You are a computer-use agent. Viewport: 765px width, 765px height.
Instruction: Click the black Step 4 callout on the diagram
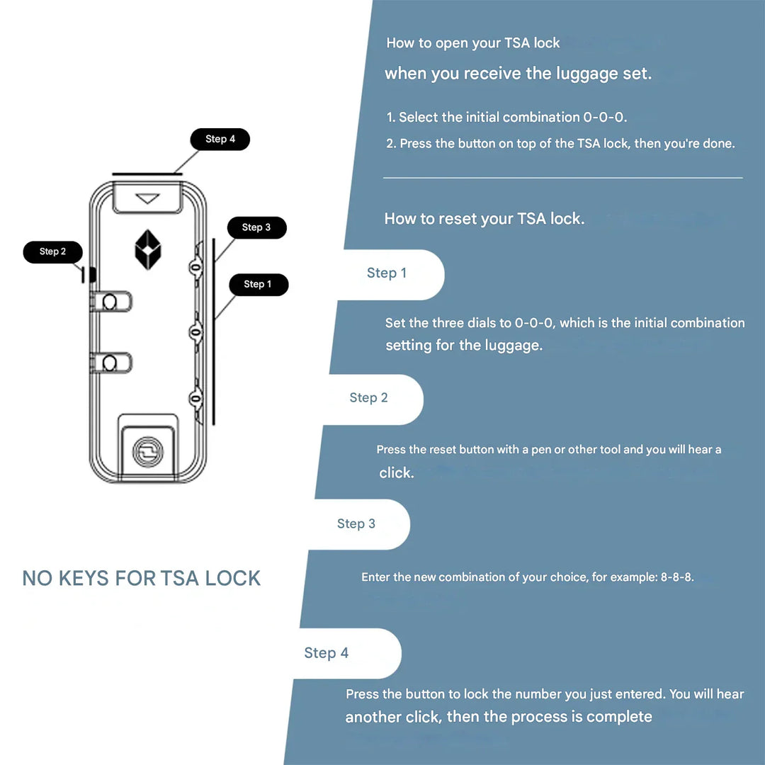220,139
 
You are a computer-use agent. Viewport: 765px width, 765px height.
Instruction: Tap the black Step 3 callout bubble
256,227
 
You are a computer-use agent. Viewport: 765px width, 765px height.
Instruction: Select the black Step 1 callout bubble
258,284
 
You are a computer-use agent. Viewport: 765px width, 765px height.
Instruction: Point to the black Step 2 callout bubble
53,251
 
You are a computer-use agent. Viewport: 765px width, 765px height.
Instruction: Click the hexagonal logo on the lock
148,249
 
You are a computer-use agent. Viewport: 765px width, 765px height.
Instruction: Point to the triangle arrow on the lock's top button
147,199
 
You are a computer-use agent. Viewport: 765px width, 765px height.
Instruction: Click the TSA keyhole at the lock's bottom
147,450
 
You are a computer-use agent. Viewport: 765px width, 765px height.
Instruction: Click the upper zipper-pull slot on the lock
110,302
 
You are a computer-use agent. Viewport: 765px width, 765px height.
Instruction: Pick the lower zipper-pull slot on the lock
110,363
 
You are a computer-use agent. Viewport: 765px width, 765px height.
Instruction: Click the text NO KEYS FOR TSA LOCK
142,578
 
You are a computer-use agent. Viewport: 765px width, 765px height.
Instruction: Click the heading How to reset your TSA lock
484,219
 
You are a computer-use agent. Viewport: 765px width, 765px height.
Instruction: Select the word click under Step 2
396,472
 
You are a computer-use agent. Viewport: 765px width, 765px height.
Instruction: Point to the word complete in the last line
619,717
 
